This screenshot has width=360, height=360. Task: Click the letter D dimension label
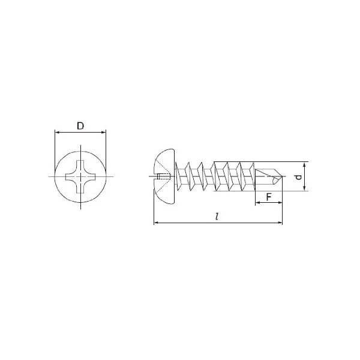(x=80, y=126)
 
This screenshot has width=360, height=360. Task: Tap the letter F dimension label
(x=269, y=197)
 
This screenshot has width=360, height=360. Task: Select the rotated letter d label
(x=298, y=176)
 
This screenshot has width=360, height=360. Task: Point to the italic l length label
(x=217, y=216)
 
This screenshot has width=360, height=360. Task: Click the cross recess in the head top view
(x=80, y=176)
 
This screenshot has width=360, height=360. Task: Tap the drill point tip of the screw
(x=282, y=176)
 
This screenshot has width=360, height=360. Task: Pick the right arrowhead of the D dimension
(x=104, y=132)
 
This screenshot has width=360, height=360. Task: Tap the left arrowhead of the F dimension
(x=257, y=203)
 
